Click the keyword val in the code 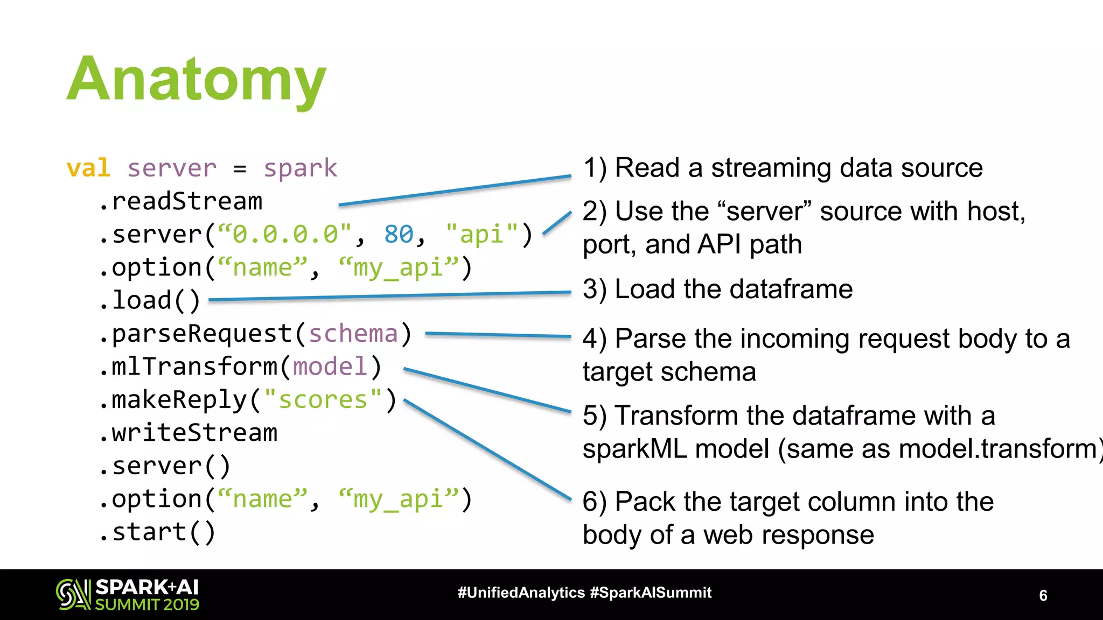pyautogui.click(x=88, y=168)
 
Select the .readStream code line pyautogui.click(x=181, y=202)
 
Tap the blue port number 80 pyautogui.click(x=399, y=235)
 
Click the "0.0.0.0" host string pyautogui.click(x=285, y=235)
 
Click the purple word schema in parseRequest pyautogui.click(x=353, y=334)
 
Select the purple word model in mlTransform pyautogui.click(x=330, y=367)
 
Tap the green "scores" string pyautogui.click(x=323, y=400)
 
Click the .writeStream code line pyautogui.click(x=189, y=433)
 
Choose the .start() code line pyautogui.click(x=158, y=533)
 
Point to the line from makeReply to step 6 pyautogui.click(x=487, y=450)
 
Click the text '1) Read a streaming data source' pyautogui.click(x=783, y=168)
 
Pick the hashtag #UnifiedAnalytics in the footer pyautogui.click(x=521, y=593)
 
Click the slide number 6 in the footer pyautogui.click(x=1043, y=595)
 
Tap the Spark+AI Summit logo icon pyautogui.click(x=73, y=594)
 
